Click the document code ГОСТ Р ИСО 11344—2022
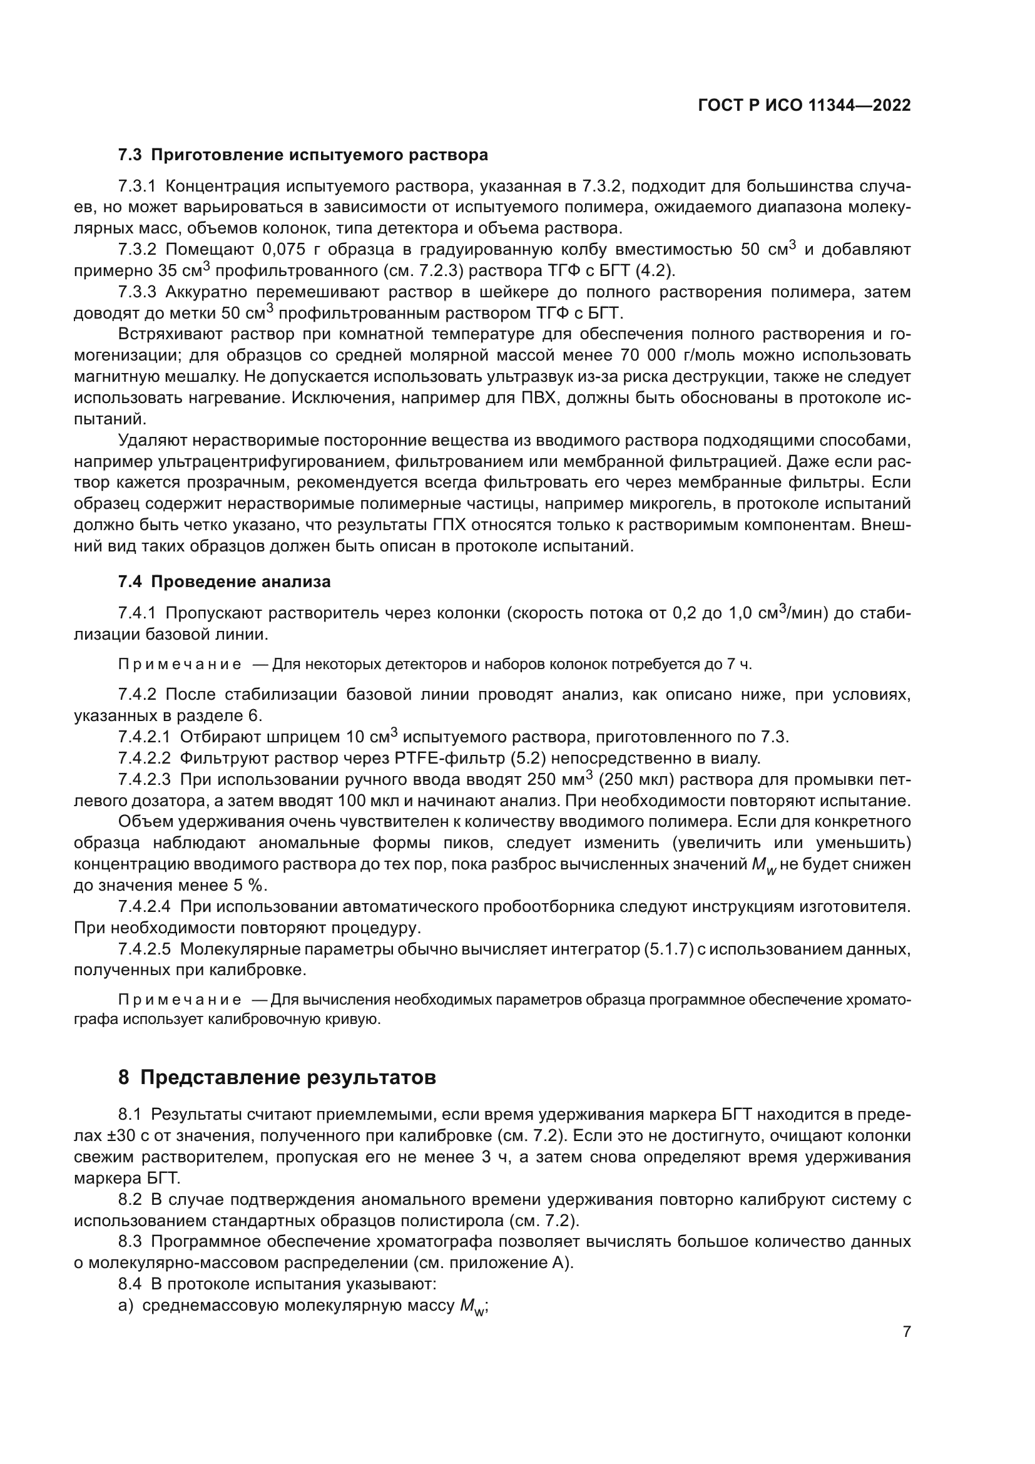point(804,105)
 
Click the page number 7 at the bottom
point(907,1331)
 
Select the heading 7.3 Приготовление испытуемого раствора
point(303,155)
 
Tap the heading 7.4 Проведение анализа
point(225,581)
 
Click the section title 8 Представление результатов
point(277,1078)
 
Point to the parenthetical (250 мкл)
point(640,779)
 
